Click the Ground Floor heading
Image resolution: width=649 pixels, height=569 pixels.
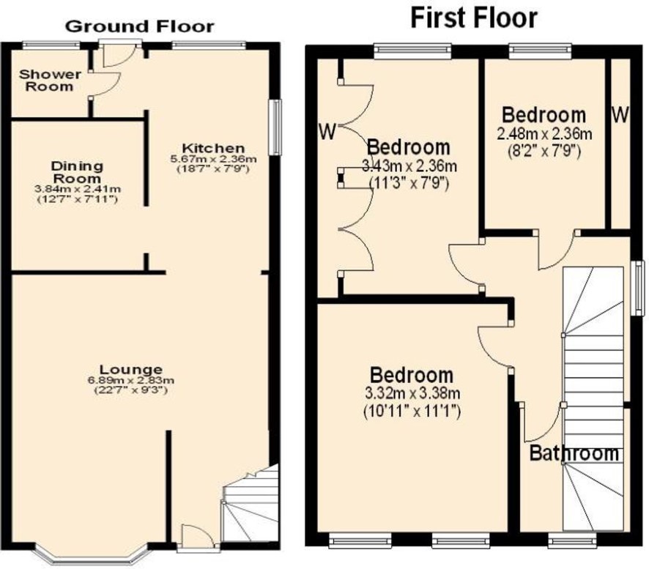pos(140,26)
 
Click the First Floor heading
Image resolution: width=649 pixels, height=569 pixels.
pos(474,18)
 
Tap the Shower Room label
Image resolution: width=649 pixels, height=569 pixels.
pos(50,81)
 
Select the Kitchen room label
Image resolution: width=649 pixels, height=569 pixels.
pos(214,148)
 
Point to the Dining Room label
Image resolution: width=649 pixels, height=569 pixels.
pos(77,172)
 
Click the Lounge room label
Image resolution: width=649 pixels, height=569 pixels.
pos(131,369)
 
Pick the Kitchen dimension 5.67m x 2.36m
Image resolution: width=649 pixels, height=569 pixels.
pos(214,159)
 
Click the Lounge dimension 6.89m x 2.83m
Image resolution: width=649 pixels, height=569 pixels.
pos(131,380)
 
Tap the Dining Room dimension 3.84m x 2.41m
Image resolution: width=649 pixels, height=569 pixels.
pos(78,189)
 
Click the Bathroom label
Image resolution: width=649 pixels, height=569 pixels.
pos(574,453)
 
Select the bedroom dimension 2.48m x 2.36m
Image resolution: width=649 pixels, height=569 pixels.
pos(544,134)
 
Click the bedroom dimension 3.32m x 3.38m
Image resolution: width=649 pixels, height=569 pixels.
pos(412,393)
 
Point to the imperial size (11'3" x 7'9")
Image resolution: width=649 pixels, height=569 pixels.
pos(409,182)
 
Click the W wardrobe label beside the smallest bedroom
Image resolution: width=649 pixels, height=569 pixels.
pos(620,115)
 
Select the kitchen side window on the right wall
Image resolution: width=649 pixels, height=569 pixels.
pos(275,127)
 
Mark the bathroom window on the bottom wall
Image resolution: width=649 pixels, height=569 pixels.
pos(572,540)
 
